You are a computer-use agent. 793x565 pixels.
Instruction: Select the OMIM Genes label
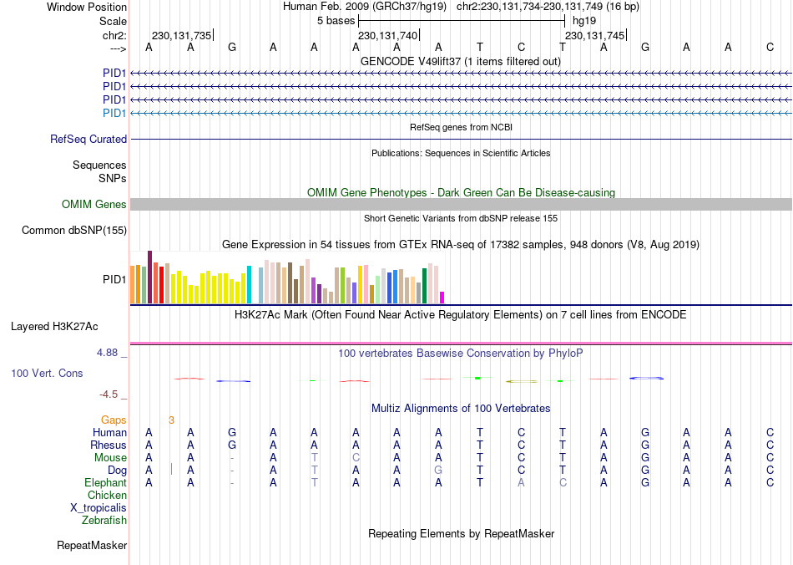point(94,205)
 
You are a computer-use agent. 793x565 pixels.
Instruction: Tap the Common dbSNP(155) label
point(74,231)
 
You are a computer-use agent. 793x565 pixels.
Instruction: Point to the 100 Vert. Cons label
point(47,373)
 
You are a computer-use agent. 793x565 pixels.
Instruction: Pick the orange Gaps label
point(114,420)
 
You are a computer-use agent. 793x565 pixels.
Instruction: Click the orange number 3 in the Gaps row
point(171,420)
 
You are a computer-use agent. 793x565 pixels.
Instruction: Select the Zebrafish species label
point(104,521)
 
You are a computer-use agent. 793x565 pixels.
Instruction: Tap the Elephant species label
point(105,483)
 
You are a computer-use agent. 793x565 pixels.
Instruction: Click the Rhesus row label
point(109,445)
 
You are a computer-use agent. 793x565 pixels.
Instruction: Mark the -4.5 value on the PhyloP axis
point(110,394)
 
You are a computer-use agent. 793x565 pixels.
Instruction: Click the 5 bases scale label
point(336,20)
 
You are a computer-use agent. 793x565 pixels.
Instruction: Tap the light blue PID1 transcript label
point(114,113)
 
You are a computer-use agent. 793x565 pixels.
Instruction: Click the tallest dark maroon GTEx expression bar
point(149,277)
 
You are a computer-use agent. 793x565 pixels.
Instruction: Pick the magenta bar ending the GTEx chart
point(442,297)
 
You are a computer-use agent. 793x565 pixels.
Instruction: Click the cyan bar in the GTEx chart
point(249,284)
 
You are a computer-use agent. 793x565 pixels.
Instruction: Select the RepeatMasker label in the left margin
point(92,546)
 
